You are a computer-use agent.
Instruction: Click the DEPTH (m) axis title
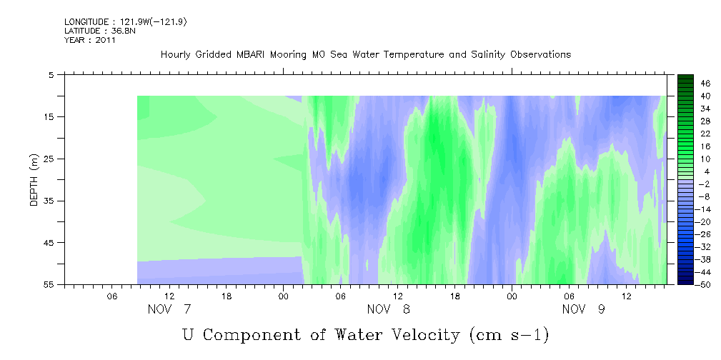point(34,180)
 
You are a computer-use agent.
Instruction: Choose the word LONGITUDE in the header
point(84,21)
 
